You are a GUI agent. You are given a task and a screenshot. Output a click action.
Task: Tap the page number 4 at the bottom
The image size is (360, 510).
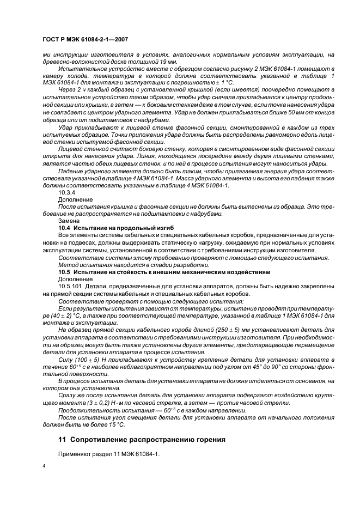[x=44, y=467]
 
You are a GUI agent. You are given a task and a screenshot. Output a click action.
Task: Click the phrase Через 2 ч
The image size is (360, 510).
[x=71, y=89]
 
